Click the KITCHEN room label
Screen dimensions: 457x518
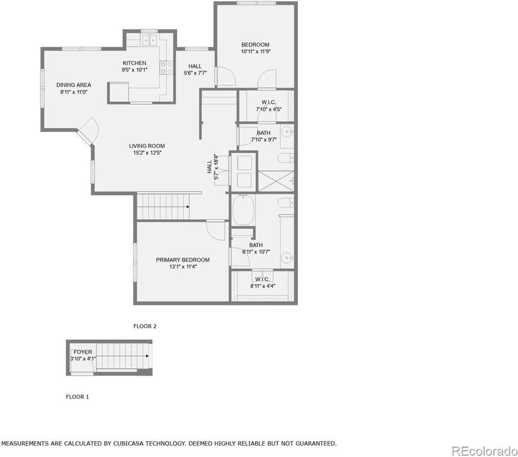(x=134, y=63)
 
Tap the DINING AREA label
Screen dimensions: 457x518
(x=73, y=85)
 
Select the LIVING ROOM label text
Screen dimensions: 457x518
(x=147, y=146)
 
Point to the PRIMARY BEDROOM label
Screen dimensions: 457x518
(x=183, y=260)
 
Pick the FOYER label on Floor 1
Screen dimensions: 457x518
(x=83, y=352)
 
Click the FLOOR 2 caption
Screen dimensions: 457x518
(x=145, y=326)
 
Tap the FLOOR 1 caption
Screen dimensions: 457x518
(x=77, y=396)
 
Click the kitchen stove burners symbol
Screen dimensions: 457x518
(x=166, y=68)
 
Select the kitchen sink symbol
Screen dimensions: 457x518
(x=150, y=40)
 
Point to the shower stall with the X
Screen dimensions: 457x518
(x=275, y=181)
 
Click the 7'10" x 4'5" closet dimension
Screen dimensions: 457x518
(x=269, y=109)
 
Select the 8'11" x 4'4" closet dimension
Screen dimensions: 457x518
(x=263, y=286)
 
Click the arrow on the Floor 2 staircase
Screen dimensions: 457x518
(x=188, y=207)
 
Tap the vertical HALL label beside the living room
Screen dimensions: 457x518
(x=210, y=167)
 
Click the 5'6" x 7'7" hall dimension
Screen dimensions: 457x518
(x=195, y=73)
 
